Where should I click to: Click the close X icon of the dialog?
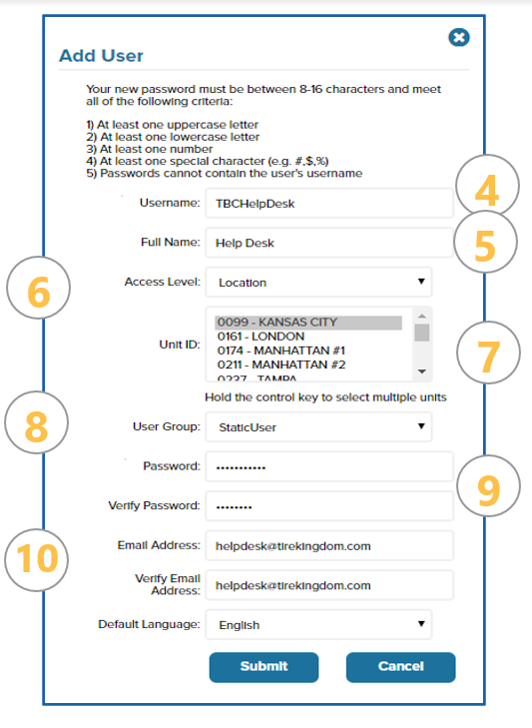[459, 37]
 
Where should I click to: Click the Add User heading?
[101, 56]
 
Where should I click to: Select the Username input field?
[329, 204]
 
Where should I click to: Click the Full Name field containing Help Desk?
[329, 243]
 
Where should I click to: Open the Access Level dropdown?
[318, 282]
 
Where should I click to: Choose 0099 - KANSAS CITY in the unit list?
[308, 323]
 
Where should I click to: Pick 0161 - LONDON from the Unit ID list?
[261, 337]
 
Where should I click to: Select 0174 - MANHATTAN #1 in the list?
[281, 351]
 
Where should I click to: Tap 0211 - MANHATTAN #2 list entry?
[281, 364]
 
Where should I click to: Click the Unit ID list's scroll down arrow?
[422, 371]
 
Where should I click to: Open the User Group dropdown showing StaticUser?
[318, 427]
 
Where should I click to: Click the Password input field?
[329, 466]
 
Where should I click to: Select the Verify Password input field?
[329, 506]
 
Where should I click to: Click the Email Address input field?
[329, 545]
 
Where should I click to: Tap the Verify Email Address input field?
[329, 585]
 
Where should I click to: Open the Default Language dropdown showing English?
[318, 624]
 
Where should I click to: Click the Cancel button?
[400, 667]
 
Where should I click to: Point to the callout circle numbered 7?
[488, 353]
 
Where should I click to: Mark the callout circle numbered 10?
[37, 560]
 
